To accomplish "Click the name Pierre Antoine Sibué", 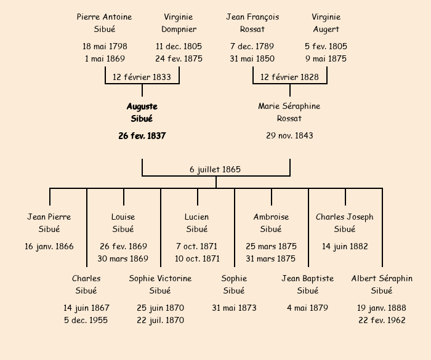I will [104, 23].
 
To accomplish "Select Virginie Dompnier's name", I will [179, 23].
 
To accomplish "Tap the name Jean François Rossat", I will [252, 23].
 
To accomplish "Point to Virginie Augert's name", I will [326, 23].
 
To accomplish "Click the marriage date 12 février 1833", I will [142, 77].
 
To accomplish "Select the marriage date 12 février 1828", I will [289, 77].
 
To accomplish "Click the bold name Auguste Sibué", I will [142, 113].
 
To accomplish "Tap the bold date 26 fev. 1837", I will [142, 135].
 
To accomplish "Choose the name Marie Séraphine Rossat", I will [289, 113].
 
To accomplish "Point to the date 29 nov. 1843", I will [289, 135].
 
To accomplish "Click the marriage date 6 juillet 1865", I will [215, 169].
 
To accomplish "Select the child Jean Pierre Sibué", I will [49, 223].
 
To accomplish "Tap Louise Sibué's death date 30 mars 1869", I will [123, 258].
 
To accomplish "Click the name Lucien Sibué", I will [197, 223].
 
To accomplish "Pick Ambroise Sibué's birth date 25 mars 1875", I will [271, 246].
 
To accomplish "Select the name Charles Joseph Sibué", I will [345, 223].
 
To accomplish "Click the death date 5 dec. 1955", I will [86, 320].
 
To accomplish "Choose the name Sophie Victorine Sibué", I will [160, 284].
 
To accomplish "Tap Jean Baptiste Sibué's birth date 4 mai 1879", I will [308, 308].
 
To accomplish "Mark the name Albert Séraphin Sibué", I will [382, 284].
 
